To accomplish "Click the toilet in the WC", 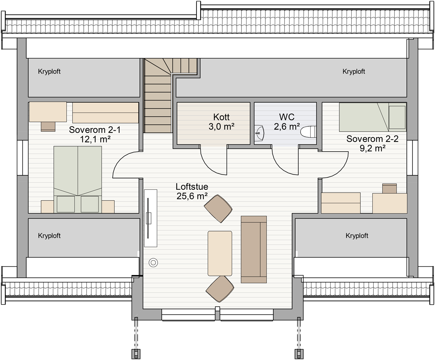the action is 308,132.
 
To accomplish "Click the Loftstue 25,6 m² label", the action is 192,191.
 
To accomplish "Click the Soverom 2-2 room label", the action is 372,143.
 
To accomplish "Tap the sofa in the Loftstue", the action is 254,249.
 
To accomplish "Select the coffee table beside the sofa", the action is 220,253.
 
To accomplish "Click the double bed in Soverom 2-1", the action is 78,179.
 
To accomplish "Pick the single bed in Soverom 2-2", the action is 373,117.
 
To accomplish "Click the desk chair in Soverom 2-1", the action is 48,127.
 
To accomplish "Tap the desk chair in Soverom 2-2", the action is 389,188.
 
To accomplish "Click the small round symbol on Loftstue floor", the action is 153,263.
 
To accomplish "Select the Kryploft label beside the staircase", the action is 354,71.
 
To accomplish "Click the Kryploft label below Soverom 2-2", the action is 357,236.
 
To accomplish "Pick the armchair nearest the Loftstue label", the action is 218,209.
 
